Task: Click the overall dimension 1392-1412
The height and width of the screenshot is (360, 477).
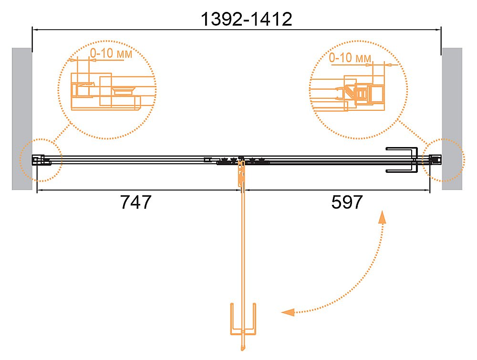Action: (247, 19)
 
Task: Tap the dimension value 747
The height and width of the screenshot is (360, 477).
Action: (135, 202)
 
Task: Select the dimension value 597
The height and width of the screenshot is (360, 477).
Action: (347, 202)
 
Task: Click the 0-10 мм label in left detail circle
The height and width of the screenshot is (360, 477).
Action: (111, 53)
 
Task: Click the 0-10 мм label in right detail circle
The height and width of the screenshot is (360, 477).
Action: (350, 58)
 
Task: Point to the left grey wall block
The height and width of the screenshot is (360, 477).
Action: (22, 119)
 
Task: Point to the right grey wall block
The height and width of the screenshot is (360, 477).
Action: (452, 119)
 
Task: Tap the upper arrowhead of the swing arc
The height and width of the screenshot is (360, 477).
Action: (382, 217)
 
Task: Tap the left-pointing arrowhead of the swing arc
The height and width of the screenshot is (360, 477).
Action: (288, 312)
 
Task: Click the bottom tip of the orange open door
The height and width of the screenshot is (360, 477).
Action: (243, 349)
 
